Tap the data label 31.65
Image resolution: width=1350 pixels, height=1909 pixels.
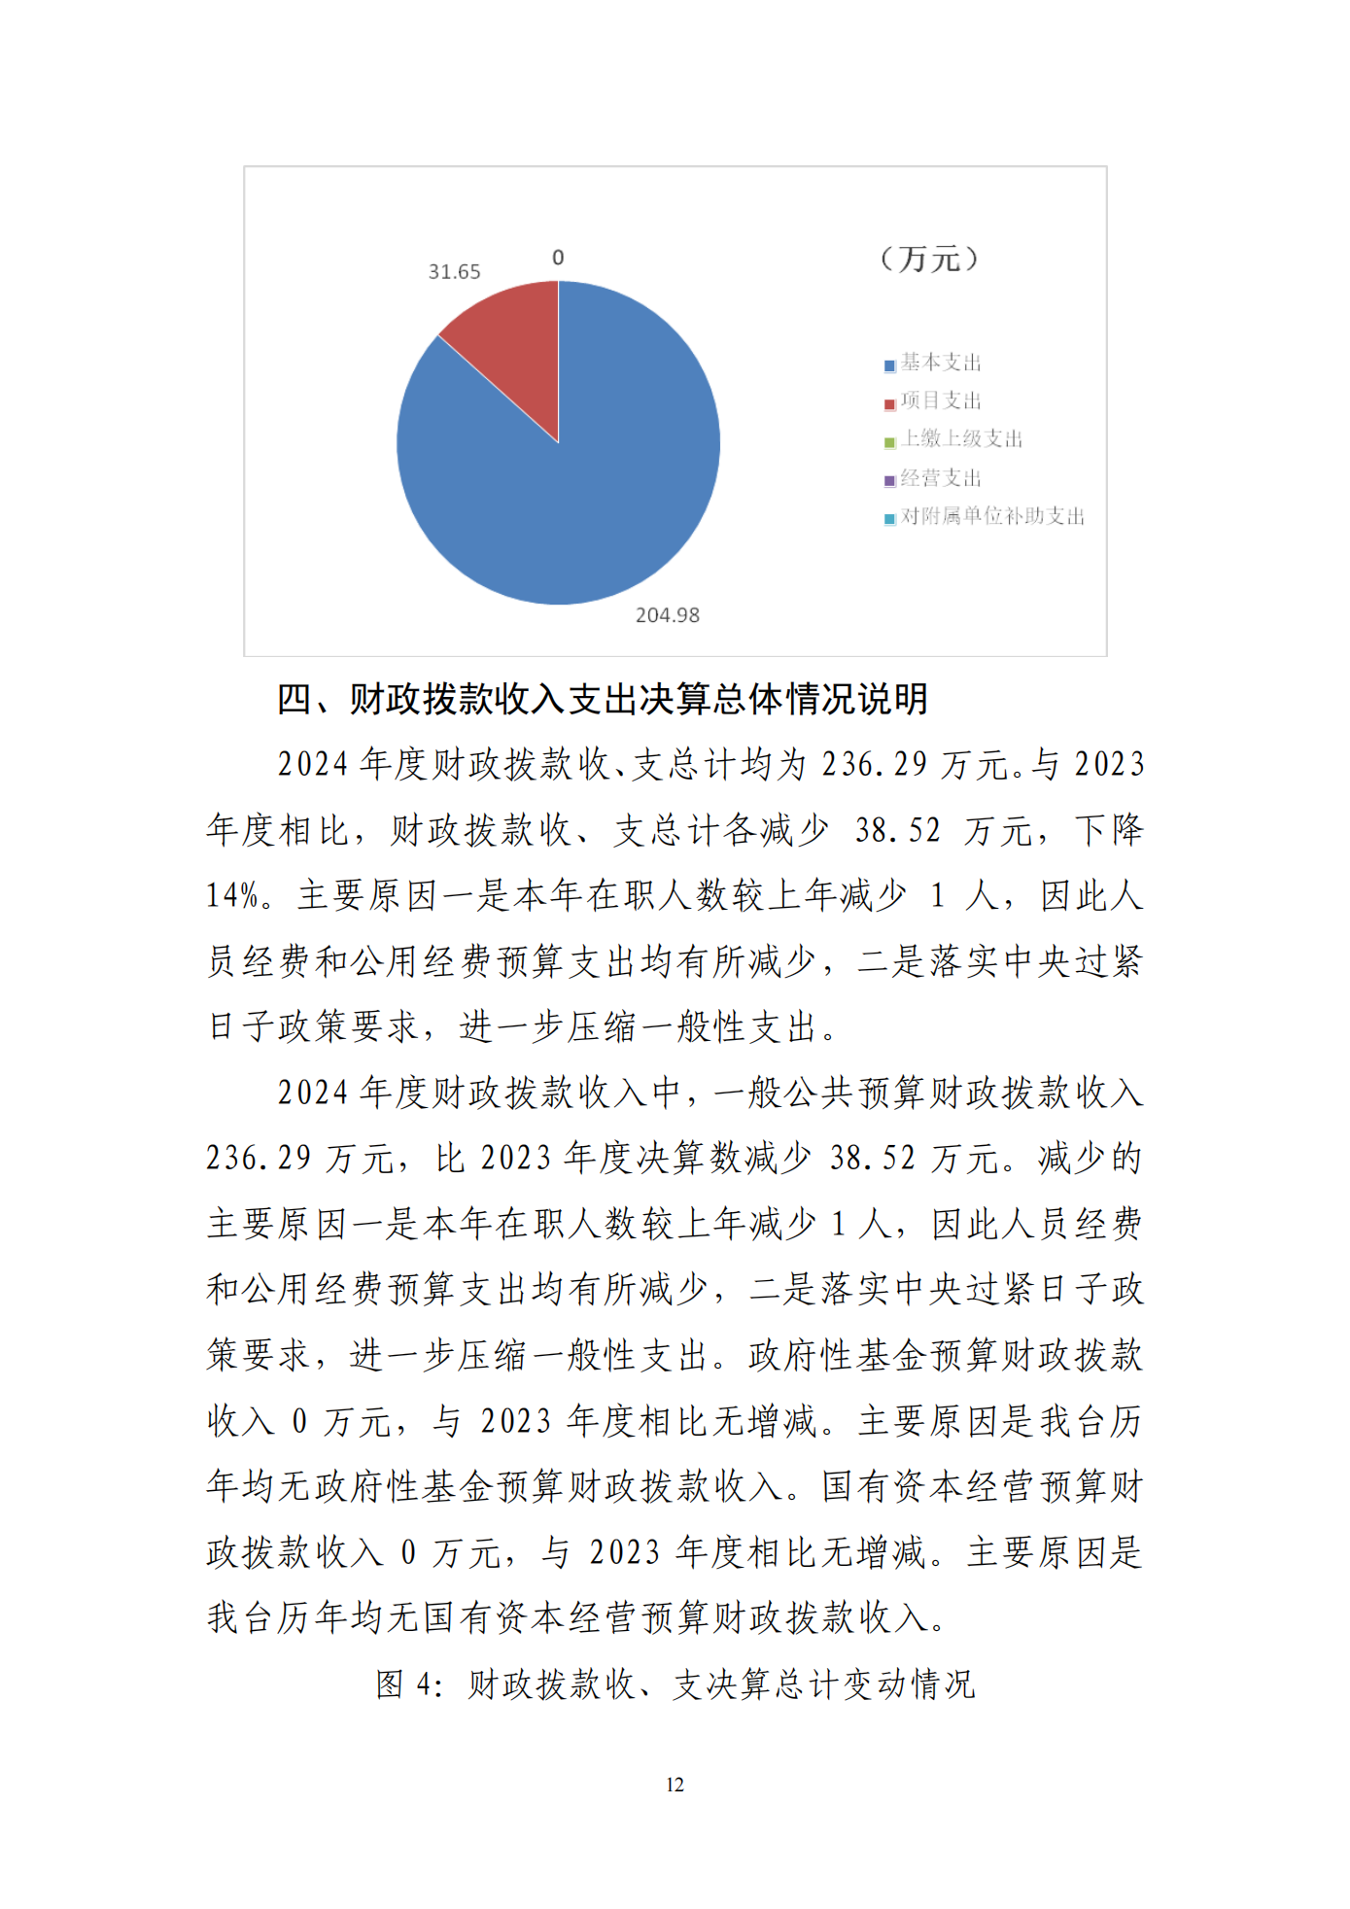[x=454, y=272]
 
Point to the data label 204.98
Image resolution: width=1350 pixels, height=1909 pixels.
[x=667, y=615]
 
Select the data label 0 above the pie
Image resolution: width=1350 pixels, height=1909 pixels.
[x=558, y=258]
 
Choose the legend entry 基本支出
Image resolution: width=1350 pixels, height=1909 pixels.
[x=940, y=363]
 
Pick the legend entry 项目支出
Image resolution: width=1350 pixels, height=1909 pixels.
[x=940, y=400]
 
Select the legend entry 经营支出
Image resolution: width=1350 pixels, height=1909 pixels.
[x=940, y=478]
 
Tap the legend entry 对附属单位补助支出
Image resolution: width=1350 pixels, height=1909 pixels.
[x=991, y=516]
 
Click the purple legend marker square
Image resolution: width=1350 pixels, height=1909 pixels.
[x=889, y=481]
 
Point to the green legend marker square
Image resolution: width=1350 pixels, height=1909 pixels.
[x=889, y=443]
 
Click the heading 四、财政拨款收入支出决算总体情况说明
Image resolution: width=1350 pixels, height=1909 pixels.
[x=603, y=699]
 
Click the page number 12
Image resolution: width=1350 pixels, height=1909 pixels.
[x=675, y=1785]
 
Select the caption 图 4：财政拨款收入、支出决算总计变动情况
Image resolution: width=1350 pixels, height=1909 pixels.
[x=675, y=1684]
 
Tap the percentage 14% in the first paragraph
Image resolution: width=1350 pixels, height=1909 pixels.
[x=233, y=895]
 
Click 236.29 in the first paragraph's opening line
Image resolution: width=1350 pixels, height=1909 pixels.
[x=875, y=765]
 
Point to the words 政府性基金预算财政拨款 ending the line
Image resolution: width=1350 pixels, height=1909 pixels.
[x=945, y=1356]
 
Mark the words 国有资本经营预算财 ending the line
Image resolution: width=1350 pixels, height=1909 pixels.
[x=982, y=1487]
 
